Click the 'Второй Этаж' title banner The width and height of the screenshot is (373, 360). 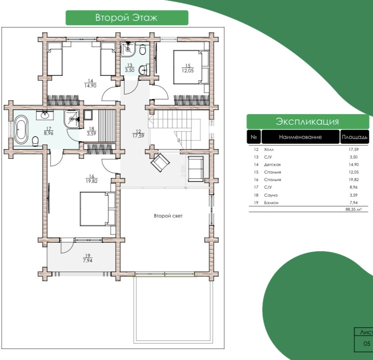(x=127, y=18)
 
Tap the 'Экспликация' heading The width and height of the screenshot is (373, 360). (x=307, y=122)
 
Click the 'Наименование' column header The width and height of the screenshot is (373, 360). (x=300, y=137)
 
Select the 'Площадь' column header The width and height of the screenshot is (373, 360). (x=354, y=137)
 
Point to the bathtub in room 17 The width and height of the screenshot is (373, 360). (x=20, y=129)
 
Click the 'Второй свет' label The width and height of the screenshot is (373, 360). (x=168, y=216)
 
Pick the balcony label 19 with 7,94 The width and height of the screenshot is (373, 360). (x=87, y=258)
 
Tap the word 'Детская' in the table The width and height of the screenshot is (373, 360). (x=272, y=165)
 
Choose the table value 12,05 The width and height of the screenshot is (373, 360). (x=353, y=172)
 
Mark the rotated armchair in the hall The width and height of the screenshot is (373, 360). (x=160, y=162)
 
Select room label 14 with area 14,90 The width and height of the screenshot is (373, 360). (x=91, y=83)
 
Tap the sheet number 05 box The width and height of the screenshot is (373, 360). (x=367, y=343)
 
